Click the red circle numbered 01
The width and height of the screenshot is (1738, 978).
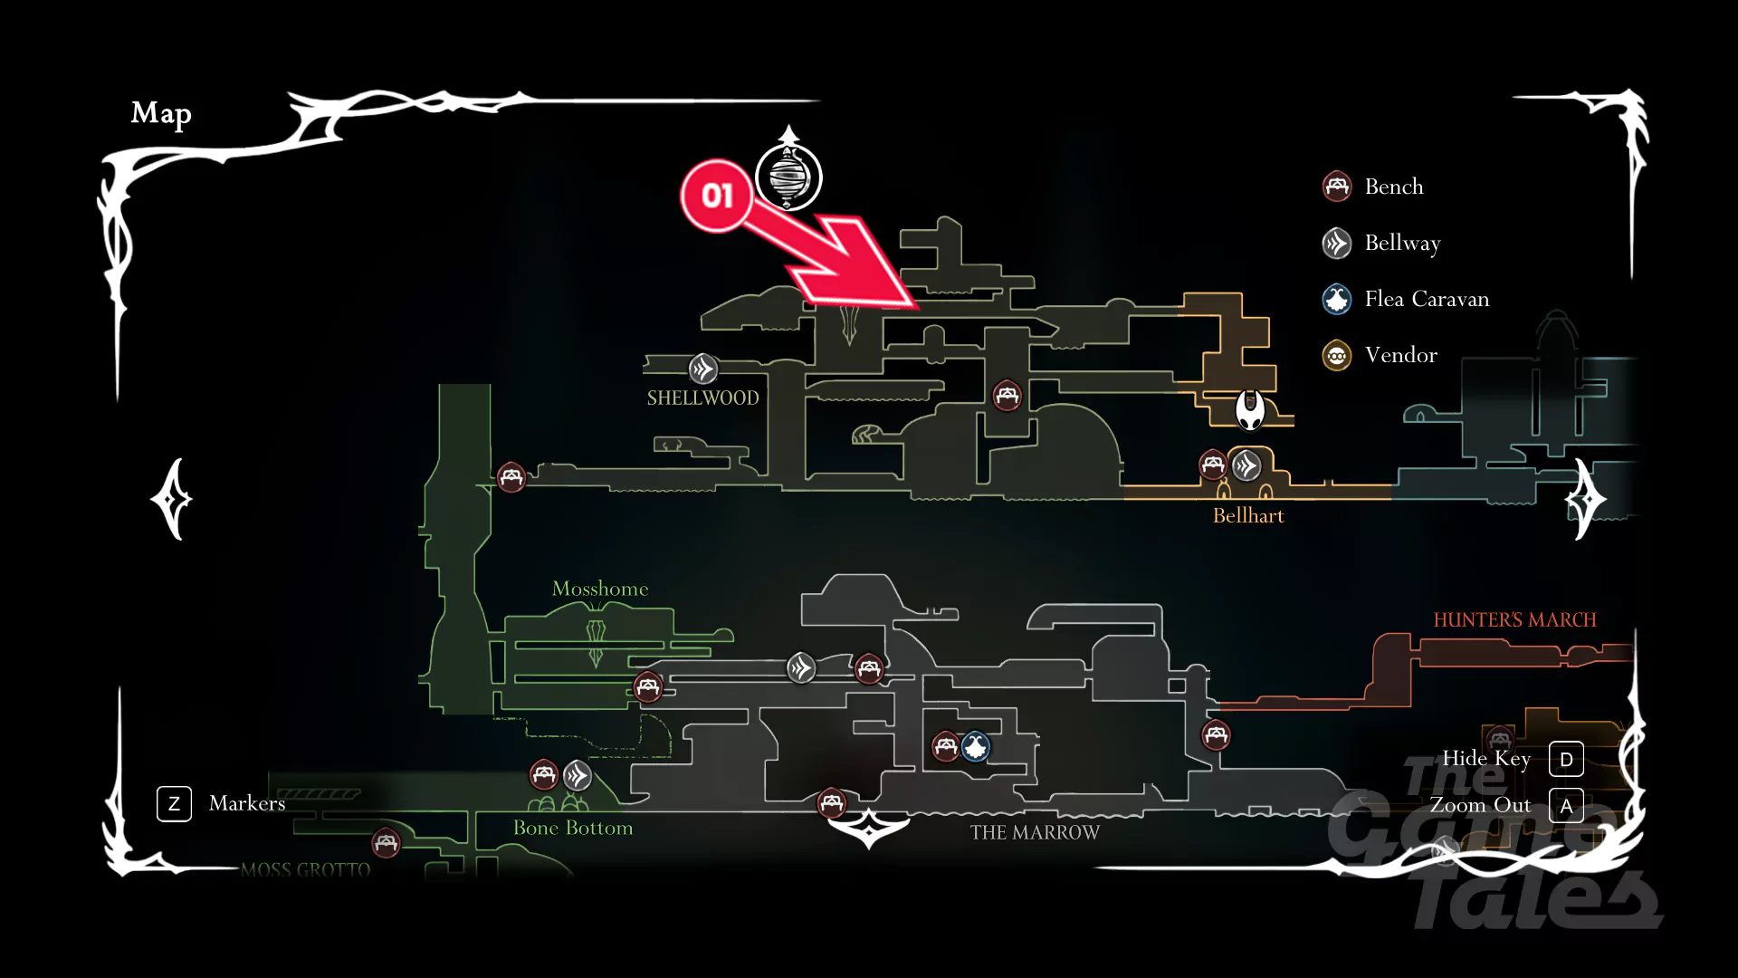coord(716,196)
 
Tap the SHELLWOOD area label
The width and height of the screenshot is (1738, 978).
coord(702,398)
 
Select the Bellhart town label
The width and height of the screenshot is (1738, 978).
coord(1247,516)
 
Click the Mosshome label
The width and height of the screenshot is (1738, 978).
coord(600,589)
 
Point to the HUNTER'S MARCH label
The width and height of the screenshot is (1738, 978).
coord(1514,620)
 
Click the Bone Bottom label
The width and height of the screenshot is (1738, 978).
coord(573,828)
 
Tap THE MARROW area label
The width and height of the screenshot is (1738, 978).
coord(1035,833)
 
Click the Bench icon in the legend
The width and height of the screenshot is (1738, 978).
coord(1337,187)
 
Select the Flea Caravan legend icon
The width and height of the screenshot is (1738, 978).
coord(1337,299)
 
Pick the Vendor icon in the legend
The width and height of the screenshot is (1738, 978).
coord(1337,355)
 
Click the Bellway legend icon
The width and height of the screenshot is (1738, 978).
coord(1337,243)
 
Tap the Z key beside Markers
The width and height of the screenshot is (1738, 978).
coord(174,803)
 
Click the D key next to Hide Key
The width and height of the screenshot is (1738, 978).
coord(1566,759)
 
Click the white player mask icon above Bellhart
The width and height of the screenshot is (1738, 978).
coord(1250,410)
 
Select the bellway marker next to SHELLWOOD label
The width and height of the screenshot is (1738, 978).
coord(703,369)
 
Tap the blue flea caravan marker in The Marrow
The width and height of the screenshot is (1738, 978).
coord(976,747)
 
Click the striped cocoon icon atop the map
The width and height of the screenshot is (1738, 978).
coord(788,177)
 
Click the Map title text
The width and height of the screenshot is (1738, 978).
coord(161,113)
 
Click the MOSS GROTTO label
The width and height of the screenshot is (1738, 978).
coord(306,870)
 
